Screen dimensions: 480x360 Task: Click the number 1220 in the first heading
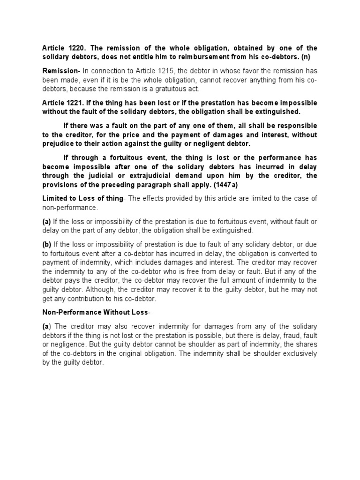(77, 48)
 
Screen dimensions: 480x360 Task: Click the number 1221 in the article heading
(77, 103)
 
